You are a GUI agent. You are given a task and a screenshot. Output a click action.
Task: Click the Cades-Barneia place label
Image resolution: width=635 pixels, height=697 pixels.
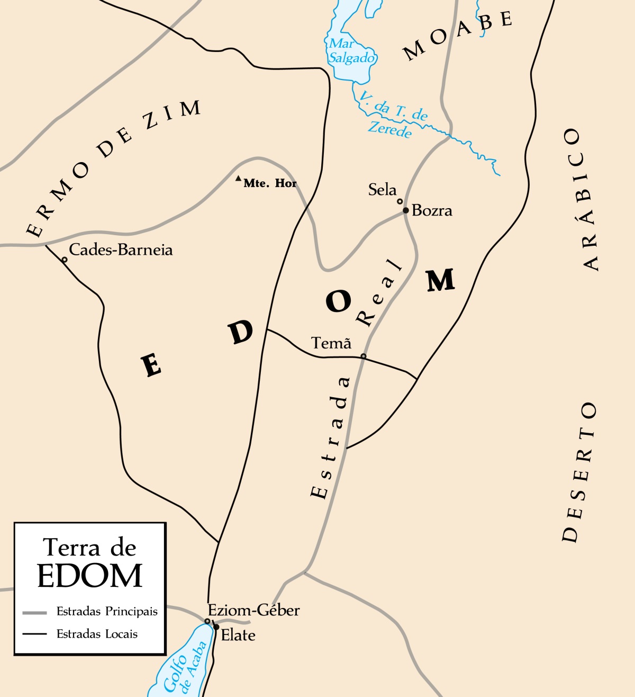tap(121, 249)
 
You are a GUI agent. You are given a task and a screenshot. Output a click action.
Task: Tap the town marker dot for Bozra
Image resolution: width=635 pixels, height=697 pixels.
tap(406, 210)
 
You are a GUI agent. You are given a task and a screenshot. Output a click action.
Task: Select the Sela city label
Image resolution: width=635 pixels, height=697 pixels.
tap(382, 190)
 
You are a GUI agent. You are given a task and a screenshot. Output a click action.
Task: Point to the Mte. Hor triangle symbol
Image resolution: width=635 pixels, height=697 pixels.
tap(239, 179)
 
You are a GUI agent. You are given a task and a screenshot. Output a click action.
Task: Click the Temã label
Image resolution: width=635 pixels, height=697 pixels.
tap(331, 343)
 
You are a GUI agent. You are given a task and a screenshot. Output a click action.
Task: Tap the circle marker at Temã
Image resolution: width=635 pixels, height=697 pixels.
tap(364, 356)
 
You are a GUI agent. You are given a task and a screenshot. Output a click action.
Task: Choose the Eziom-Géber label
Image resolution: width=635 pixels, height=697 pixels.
tap(253, 610)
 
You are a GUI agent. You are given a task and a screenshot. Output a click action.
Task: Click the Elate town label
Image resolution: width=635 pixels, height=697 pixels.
tap(238, 635)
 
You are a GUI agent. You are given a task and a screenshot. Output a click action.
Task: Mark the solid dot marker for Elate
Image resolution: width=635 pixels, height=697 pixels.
tap(216, 627)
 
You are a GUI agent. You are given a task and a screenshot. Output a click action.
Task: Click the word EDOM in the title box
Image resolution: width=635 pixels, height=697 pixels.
tap(90, 576)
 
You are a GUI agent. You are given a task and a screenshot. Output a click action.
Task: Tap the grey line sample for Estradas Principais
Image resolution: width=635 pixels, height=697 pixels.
tap(34, 613)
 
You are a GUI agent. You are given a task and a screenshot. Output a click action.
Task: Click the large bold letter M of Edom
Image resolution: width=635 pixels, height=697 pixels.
tap(441, 280)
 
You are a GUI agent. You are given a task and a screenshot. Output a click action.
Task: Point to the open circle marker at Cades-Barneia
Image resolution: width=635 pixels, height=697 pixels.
tap(65, 260)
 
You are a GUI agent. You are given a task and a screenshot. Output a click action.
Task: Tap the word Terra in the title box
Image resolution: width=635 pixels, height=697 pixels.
tap(67, 548)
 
